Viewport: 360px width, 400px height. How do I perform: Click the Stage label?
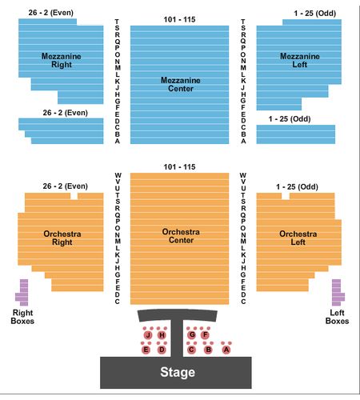click(x=178, y=372)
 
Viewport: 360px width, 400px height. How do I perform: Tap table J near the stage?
click(x=148, y=335)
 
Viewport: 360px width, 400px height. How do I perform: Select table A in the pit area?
click(x=226, y=350)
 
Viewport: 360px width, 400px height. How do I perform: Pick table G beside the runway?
click(x=192, y=334)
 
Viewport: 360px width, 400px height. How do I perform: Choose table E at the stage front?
click(x=146, y=350)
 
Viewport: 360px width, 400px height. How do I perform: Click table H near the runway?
click(x=162, y=335)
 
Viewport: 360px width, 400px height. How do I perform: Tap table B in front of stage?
click(x=208, y=350)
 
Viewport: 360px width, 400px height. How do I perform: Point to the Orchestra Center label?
click(x=181, y=236)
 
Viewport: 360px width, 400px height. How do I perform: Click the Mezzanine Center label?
click(x=181, y=84)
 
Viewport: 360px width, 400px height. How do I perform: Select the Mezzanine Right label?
click(x=62, y=60)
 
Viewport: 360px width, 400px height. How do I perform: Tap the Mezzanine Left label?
click(x=300, y=60)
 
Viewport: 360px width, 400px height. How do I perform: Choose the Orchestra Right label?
click(x=62, y=238)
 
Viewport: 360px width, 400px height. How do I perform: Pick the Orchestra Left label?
click(x=298, y=238)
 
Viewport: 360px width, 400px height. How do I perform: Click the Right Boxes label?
click(x=22, y=317)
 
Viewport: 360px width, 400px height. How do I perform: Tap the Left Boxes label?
click(x=337, y=317)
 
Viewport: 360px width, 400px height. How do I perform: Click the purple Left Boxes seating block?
click(x=337, y=293)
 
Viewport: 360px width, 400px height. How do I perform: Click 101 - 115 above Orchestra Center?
click(x=179, y=167)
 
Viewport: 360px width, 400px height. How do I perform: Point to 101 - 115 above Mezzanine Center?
click(x=179, y=19)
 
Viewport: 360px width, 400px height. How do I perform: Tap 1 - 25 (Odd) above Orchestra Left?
click(x=297, y=186)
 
